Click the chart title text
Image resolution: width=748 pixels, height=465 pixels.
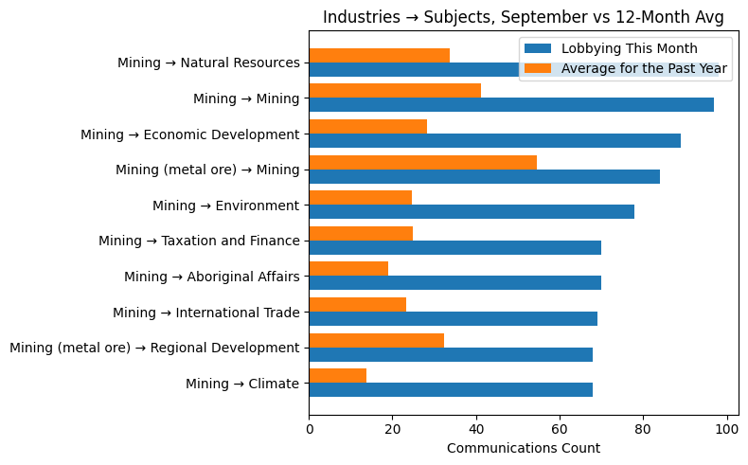coord(524,17)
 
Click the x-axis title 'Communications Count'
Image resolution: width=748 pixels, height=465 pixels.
coord(523,448)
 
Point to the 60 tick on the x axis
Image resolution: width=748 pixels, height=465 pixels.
coord(560,429)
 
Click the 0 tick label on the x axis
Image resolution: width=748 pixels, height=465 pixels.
coord(310,429)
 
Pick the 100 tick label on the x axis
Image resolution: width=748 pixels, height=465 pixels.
coord(726,429)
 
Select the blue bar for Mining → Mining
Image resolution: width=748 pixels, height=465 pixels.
coord(511,105)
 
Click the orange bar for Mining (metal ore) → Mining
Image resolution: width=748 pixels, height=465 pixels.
coord(422,162)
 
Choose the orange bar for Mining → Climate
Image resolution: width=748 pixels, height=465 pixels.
coord(338,376)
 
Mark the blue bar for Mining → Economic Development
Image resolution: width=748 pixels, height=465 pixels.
coord(494,140)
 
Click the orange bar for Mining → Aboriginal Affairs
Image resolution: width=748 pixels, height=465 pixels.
coord(348,269)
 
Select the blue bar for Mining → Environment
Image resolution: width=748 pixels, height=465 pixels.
coord(472,212)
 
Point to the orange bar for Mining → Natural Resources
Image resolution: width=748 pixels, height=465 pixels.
coord(379,55)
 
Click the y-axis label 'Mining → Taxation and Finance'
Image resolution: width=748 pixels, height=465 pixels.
coord(199,241)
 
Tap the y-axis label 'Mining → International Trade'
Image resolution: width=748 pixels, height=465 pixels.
coord(205,313)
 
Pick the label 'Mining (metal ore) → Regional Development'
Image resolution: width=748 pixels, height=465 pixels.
coord(154,348)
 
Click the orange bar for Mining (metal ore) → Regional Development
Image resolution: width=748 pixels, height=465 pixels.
coord(377,340)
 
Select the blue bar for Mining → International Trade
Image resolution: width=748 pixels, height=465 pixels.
coord(453,319)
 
